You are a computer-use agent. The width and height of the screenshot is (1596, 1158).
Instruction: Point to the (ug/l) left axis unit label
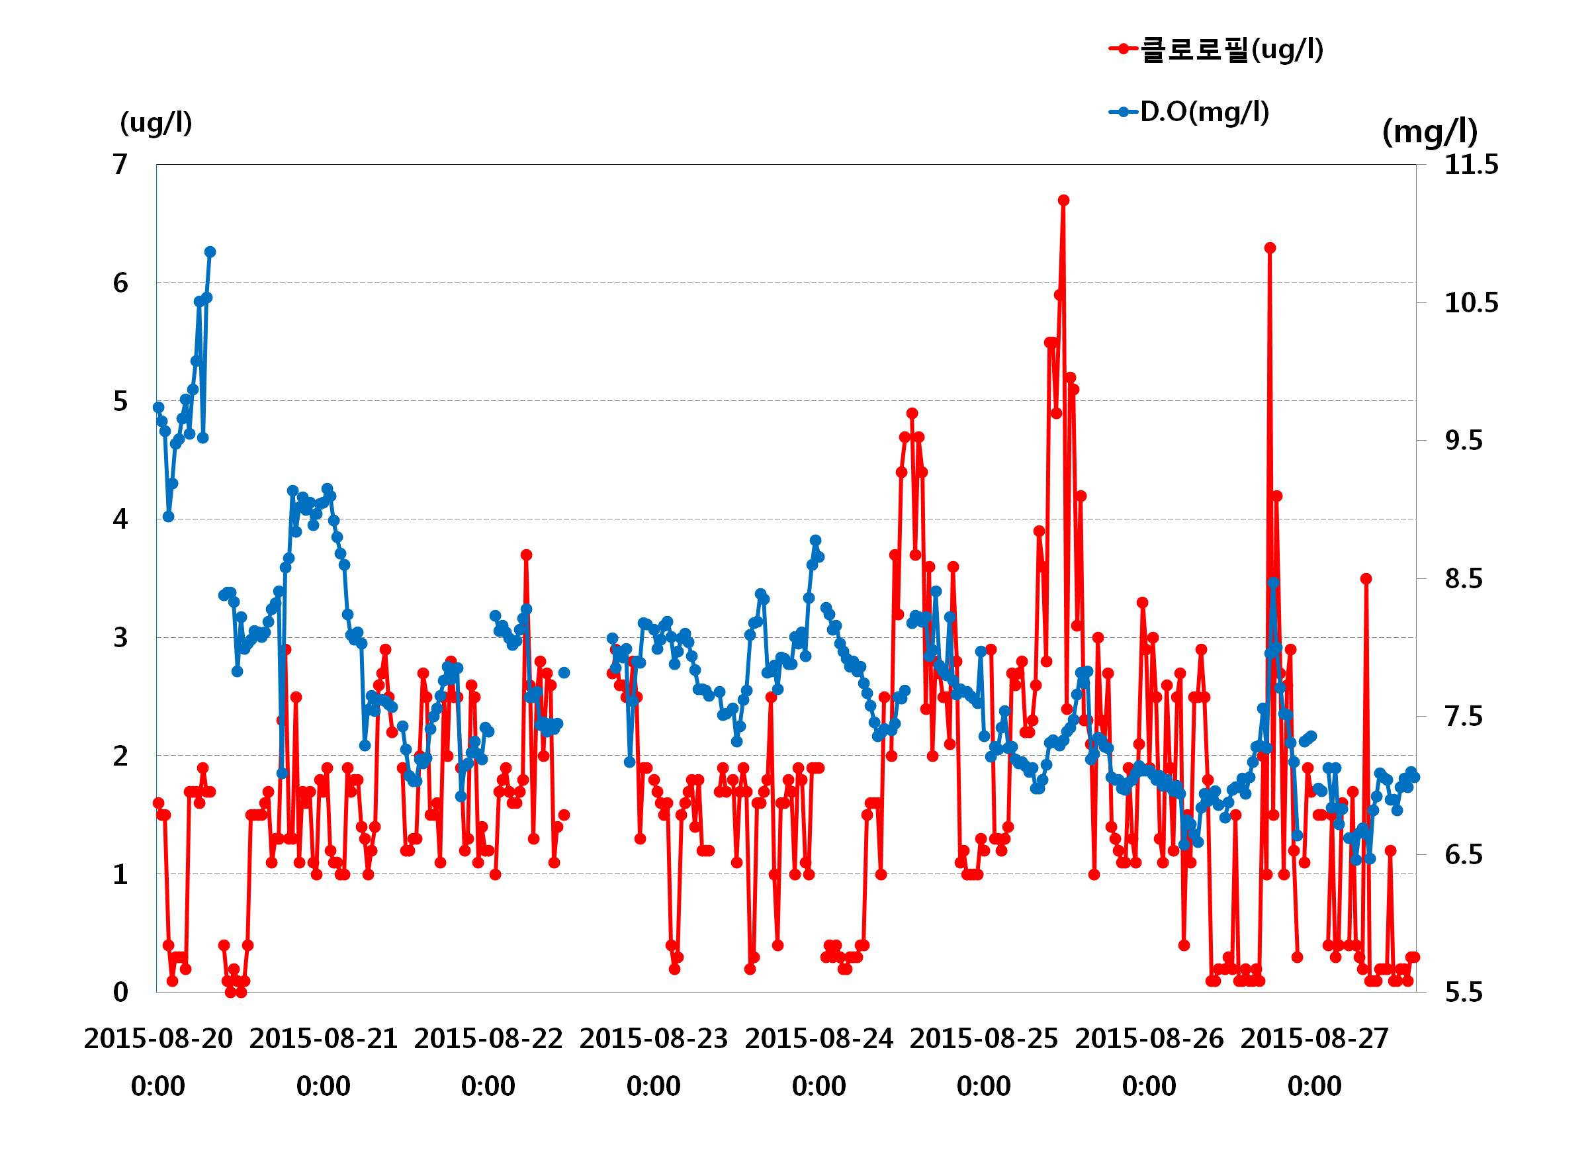click(155, 123)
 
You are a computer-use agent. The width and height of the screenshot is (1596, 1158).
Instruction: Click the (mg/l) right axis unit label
click(1430, 132)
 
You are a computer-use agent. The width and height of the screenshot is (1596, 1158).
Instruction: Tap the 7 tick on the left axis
click(120, 165)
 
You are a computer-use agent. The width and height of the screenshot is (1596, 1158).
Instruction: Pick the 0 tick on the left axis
click(120, 992)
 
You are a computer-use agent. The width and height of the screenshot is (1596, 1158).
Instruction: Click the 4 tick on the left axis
click(120, 519)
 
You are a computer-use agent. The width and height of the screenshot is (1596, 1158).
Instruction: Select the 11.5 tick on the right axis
click(1472, 165)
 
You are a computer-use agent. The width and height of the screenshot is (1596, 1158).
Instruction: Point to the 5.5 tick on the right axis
click(1464, 992)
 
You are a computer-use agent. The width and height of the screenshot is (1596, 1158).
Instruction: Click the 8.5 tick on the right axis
click(1464, 578)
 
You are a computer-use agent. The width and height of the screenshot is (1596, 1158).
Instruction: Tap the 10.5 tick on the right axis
click(1472, 302)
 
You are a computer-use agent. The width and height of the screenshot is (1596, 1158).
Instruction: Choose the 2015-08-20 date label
click(158, 1038)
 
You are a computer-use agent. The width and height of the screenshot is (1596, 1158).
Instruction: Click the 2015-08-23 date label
click(654, 1038)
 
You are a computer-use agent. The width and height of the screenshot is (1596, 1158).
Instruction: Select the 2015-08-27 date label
click(1315, 1038)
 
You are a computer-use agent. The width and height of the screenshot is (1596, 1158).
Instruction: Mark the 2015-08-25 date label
click(984, 1038)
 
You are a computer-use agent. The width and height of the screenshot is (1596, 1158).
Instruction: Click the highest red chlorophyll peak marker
click(1064, 200)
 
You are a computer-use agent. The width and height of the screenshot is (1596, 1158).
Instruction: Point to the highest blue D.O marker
click(210, 252)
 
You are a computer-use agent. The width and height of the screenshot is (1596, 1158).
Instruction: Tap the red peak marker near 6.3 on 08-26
click(1270, 247)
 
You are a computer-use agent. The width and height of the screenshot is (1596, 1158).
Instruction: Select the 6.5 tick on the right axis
click(1464, 854)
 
